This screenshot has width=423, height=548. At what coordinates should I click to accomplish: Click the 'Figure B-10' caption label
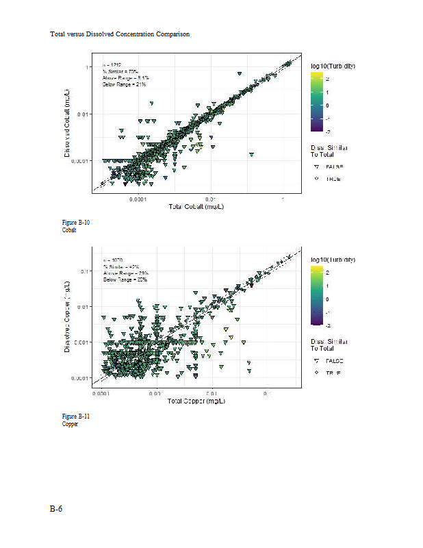(76, 223)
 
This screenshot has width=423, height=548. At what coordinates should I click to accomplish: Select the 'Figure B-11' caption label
(76, 416)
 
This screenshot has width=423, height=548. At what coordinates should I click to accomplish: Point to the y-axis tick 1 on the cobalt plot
(87, 67)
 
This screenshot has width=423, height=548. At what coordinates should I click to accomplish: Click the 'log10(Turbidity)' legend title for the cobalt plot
(332, 66)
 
